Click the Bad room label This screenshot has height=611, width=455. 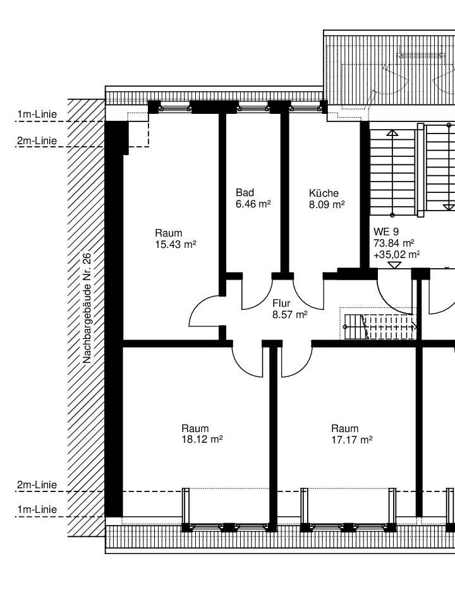pos(245,192)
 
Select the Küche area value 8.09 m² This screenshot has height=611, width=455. pos(327,204)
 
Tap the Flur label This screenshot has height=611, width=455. pos(281,303)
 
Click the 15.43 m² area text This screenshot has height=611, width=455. pos(175,245)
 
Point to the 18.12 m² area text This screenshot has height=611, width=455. pos(202,440)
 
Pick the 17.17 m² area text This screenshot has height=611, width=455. pos(352,440)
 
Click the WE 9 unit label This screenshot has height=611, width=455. pos(385,231)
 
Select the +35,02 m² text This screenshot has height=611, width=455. pos(396,255)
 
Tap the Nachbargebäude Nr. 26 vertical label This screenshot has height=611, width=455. pos(87,308)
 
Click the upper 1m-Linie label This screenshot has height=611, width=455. pos(37,114)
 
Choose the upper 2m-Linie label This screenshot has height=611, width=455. pos(37,140)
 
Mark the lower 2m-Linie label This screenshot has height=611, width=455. pos(37,484)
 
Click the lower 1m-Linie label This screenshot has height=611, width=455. pos(37,509)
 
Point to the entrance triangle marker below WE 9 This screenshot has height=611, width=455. pos(395,265)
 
